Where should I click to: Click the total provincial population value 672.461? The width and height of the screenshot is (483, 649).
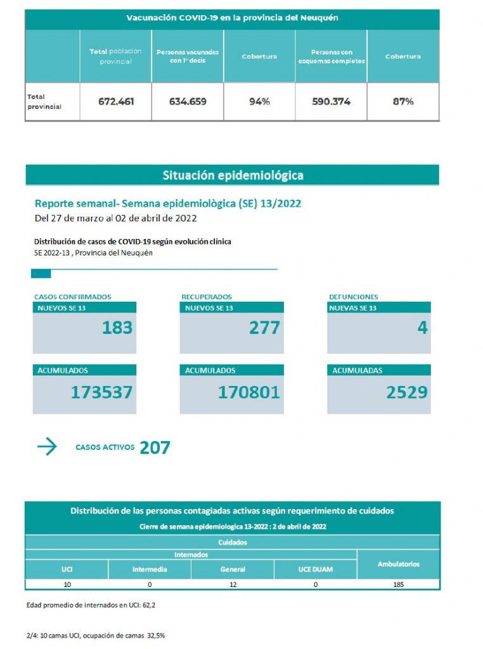click(x=116, y=101)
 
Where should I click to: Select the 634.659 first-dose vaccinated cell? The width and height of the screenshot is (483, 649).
click(x=188, y=101)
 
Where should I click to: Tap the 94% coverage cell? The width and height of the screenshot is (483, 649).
click(x=259, y=101)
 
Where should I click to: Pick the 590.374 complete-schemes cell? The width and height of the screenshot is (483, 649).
click(x=331, y=101)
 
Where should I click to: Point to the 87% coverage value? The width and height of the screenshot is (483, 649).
click(x=403, y=101)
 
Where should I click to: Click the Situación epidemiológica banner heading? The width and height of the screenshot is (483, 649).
click(x=233, y=175)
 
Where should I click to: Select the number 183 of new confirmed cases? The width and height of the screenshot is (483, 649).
click(x=117, y=328)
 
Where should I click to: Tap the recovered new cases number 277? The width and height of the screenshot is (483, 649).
click(x=265, y=328)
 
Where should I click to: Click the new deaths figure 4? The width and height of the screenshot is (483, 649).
click(x=422, y=328)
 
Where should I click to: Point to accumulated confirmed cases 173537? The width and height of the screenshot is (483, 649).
click(x=102, y=392)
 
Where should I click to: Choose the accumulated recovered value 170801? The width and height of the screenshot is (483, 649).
click(x=249, y=392)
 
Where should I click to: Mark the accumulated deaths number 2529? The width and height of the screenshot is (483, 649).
click(x=407, y=392)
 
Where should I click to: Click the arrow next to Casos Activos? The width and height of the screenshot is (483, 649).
click(x=47, y=447)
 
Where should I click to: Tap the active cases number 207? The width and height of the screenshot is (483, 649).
click(x=155, y=448)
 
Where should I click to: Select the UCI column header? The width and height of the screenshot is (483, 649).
click(x=67, y=569)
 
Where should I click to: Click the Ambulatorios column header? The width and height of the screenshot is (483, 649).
click(x=399, y=563)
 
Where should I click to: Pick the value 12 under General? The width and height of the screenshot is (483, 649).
click(x=233, y=584)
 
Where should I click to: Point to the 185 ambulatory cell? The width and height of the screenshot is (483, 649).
click(x=399, y=584)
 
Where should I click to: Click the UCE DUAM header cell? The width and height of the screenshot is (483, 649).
click(x=315, y=569)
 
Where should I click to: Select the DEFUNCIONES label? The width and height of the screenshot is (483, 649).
click(x=354, y=297)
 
